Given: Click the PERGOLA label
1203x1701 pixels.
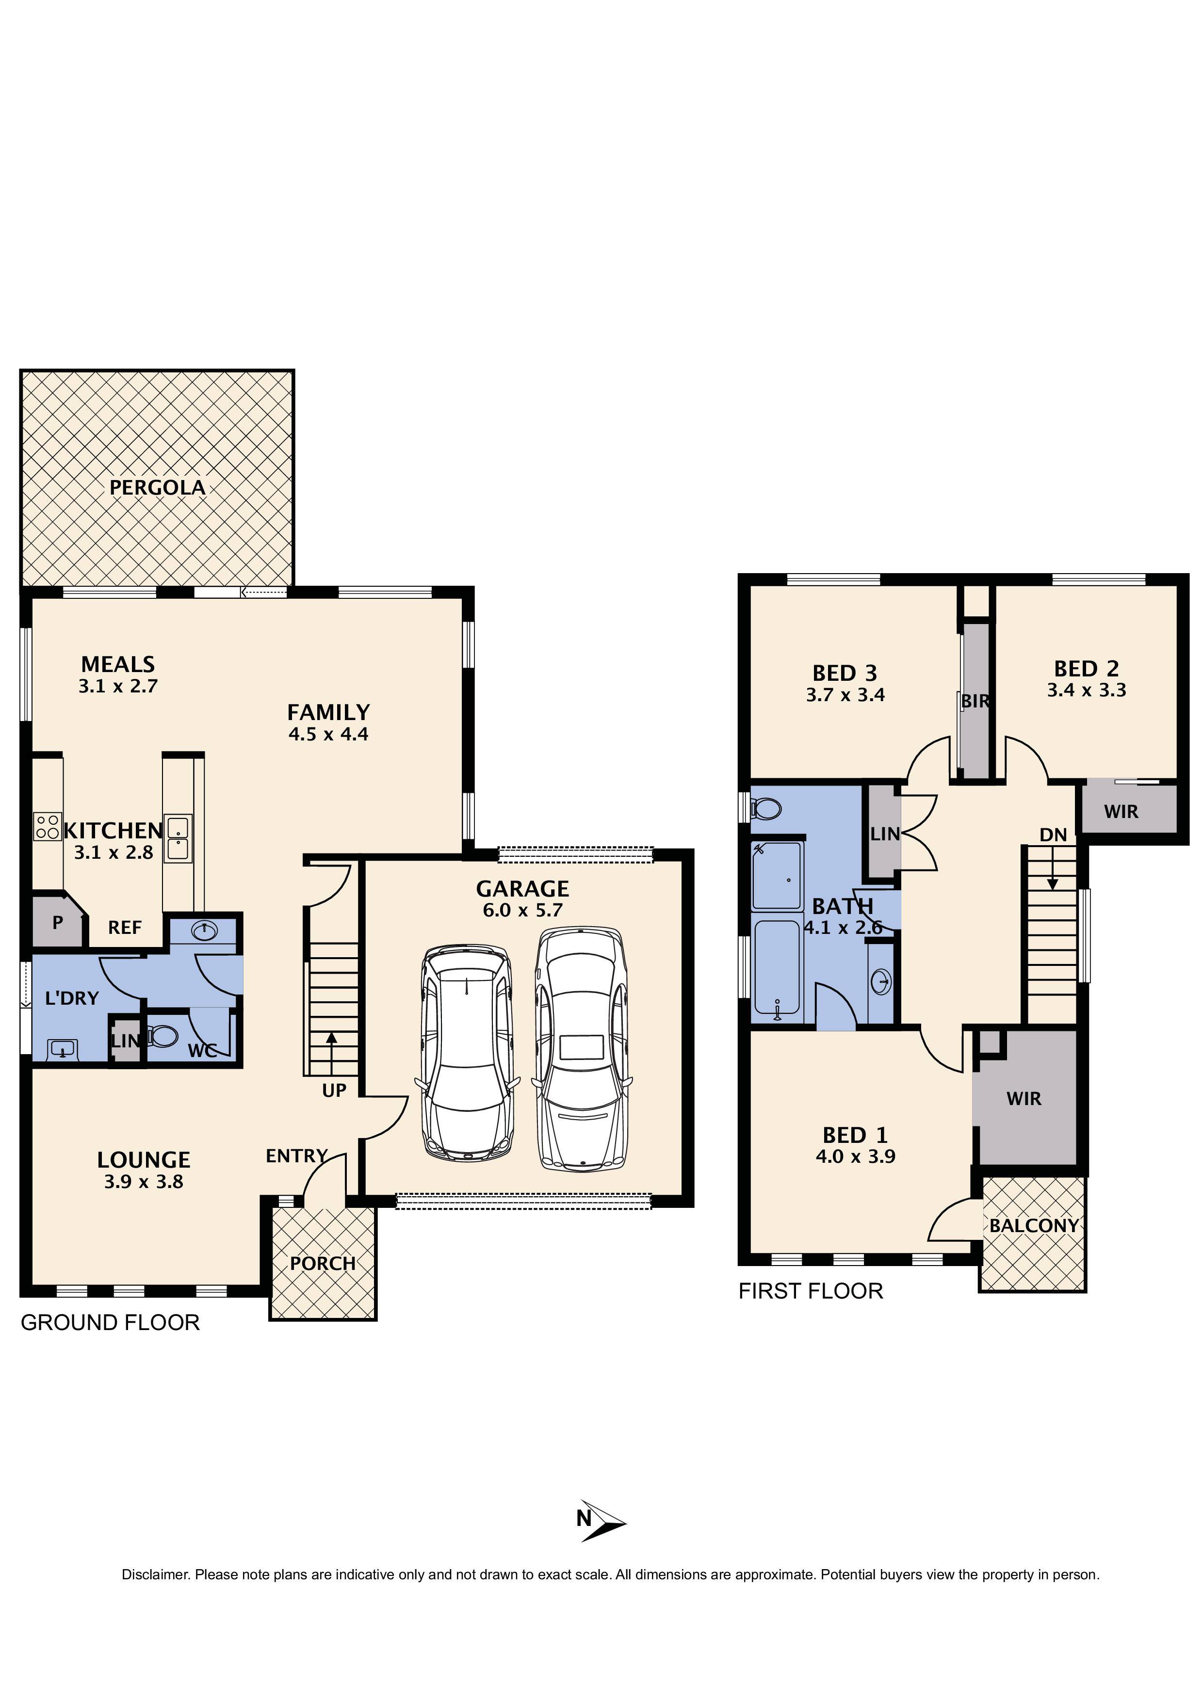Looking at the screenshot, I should (157, 487).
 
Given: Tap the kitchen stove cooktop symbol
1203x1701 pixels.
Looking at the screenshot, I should (47, 826).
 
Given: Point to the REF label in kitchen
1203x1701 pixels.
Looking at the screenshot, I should (125, 928).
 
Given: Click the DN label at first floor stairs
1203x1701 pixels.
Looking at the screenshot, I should (1053, 835).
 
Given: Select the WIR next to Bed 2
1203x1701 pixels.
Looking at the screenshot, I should (1121, 811).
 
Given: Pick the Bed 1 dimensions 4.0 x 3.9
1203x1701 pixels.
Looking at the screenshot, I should (855, 1156).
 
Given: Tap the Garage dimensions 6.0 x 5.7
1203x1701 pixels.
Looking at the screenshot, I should (522, 911).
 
